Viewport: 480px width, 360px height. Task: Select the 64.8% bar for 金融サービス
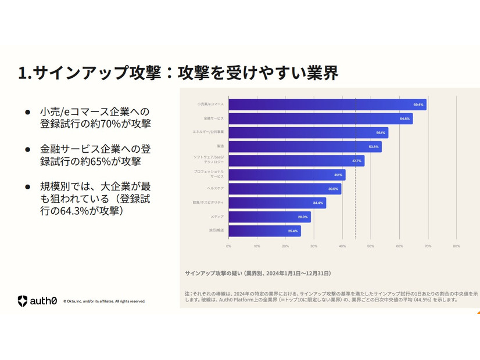click(320, 119)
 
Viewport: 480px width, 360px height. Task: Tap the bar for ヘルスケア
click(284, 189)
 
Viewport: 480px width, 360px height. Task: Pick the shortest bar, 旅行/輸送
click(264, 231)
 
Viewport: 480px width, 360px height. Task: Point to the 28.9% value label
click(303, 217)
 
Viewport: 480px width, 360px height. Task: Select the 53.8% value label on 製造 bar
click(374, 147)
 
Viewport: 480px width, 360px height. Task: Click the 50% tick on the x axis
click(370, 246)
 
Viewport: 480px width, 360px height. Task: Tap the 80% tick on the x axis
click(456, 246)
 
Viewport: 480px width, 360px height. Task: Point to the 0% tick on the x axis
click(228, 246)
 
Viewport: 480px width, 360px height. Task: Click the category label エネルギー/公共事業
click(208, 133)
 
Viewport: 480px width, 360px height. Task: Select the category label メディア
click(217, 217)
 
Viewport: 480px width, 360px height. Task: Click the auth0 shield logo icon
click(22, 300)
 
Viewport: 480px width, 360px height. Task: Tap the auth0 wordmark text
click(44, 300)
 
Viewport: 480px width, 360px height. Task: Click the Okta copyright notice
click(104, 301)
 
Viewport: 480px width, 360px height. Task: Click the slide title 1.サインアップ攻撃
click(177, 73)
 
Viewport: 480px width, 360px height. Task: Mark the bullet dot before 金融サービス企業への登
click(27, 149)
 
